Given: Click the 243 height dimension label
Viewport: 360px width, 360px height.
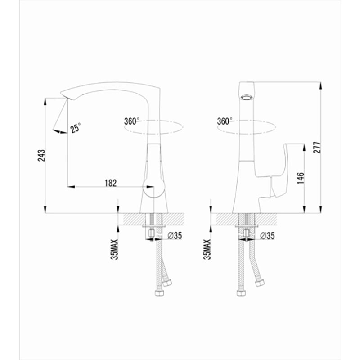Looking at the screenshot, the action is pyautogui.click(x=41, y=155).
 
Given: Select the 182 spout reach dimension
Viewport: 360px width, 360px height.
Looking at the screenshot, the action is pyautogui.click(x=111, y=183).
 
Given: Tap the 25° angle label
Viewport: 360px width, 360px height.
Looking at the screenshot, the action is pyautogui.click(x=76, y=128).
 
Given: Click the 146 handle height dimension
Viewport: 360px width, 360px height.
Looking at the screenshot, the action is pyautogui.click(x=300, y=178).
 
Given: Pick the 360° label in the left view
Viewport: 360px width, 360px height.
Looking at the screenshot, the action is pyautogui.click(x=132, y=121).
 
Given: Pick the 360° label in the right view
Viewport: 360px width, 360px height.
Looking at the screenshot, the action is pyautogui.click(x=225, y=121).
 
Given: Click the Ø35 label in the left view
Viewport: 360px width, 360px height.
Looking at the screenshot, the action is pyautogui.click(x=175, y=235).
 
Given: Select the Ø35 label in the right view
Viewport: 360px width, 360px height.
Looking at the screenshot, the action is pyautogui.click(x=267, y=235).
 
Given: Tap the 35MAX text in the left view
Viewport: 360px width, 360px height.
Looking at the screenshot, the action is pyautogui.click(x=115, y=249).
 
